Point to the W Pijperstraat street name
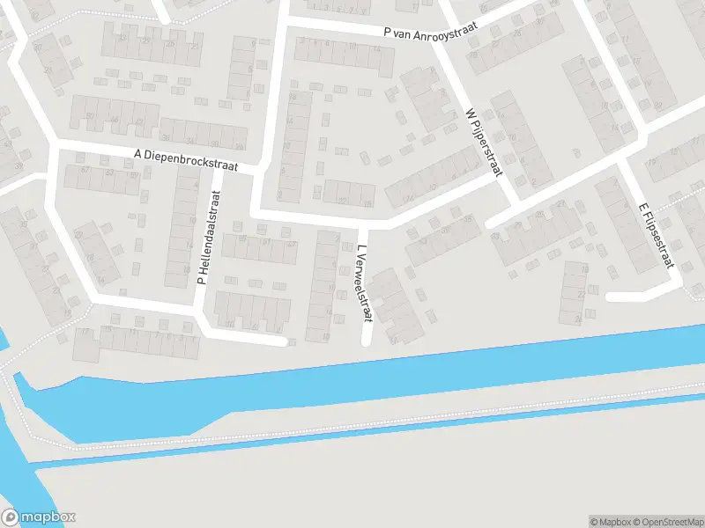click(484, 143)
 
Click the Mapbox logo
click(39, 517)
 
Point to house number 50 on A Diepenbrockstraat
click(89, 116)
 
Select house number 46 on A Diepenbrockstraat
click(114, 120)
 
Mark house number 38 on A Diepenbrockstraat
click(166, 138)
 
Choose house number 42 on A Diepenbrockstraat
click(140, 123)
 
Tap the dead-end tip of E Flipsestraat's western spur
click(610, 297)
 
